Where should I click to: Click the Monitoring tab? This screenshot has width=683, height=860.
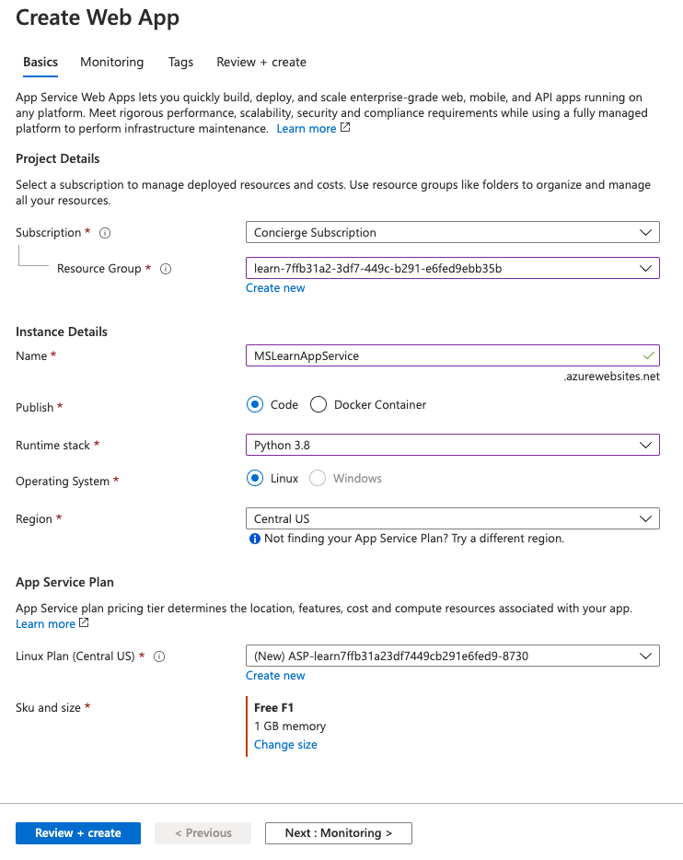tap(111, 63)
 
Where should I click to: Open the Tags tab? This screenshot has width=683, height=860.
tap(180, 63)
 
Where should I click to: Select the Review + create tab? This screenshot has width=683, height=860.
tap(261, 63)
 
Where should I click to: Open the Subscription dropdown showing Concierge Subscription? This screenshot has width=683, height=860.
tap(452, 233)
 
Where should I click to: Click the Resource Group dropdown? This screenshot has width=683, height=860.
tap(452, 268)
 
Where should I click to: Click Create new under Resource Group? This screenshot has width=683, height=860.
tap(275, 288)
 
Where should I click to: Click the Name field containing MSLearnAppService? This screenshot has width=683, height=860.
tap(452, 355)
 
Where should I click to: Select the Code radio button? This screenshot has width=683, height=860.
tap(255, 404)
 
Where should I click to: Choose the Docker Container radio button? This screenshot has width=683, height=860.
tap(319, 404)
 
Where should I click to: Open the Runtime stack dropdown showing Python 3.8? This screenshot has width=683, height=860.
tap(452, 445)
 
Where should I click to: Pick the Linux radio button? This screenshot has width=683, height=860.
tap(255, 479)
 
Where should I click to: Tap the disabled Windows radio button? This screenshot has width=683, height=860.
tap(318, 479)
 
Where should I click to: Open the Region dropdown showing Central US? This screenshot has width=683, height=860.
tap(452, 518)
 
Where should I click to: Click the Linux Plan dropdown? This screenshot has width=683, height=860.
tap(452, 656)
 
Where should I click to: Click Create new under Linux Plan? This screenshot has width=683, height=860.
tap(275, 676)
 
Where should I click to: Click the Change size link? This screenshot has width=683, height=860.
tap(285, 745)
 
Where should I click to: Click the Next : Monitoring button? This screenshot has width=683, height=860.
tap(338, 833)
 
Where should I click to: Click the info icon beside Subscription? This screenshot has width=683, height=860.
tap(105, 234)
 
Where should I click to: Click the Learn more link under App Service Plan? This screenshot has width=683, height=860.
tap(45, 624)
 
